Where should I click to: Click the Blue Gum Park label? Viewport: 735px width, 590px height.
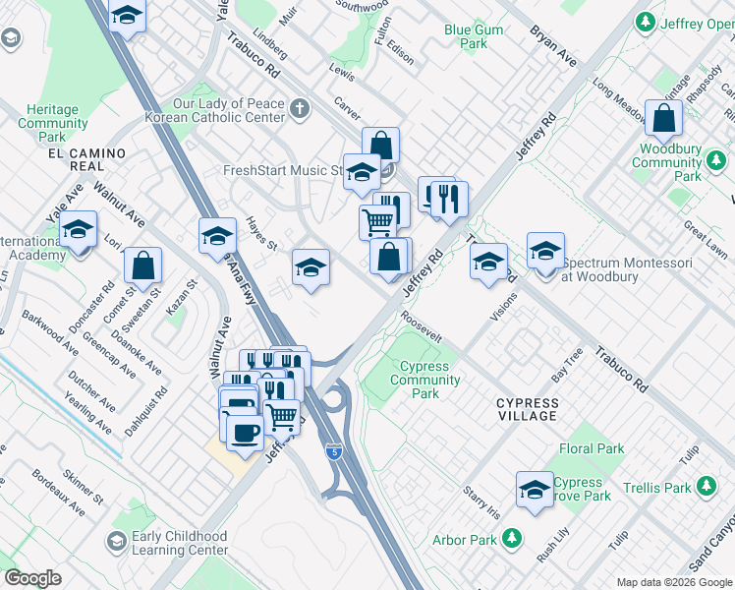[474, 37]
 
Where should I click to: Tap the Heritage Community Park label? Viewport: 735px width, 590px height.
[53, 124]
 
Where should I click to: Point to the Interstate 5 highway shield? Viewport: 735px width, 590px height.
[334, 452]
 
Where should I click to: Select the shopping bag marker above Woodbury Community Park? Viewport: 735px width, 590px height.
[664, 118]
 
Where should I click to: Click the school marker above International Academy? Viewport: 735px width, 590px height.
[78, 231]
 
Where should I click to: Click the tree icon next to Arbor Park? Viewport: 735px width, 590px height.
[511, 539]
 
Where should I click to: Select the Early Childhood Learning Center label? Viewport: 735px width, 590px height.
[181, 544]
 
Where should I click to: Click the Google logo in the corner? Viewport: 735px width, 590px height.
[33, 578]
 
